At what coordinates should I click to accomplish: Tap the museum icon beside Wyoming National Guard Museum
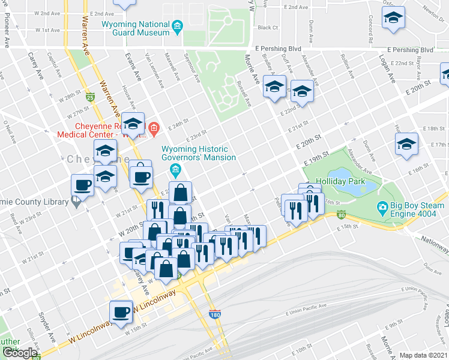pos(177,26)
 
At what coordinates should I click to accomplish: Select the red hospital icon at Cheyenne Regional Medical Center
pos(154,128)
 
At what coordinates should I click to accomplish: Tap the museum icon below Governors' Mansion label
pos(175,170)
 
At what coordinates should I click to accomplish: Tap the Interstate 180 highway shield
pos(214,314)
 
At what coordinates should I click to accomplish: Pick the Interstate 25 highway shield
pos(89,97)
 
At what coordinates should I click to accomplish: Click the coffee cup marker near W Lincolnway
pos(121,313)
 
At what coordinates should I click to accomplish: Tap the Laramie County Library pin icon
pos(75,203)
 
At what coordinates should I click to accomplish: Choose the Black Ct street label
pos(267,28)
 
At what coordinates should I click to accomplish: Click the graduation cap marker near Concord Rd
pos(394,20)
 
